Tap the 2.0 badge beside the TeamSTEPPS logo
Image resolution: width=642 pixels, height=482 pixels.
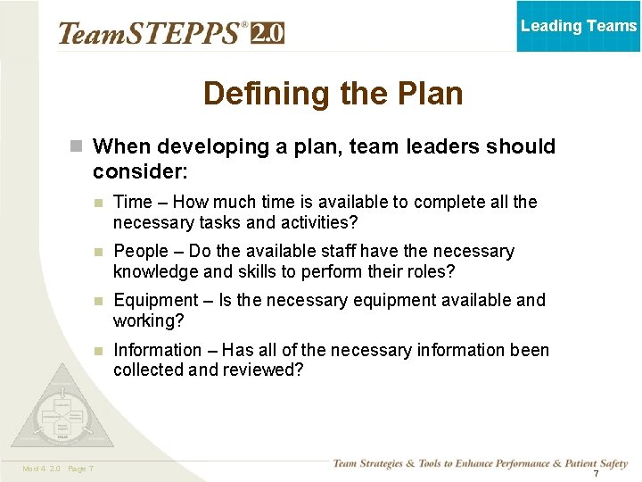click(x=267, y=33)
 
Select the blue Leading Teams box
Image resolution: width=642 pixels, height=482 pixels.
click(x=579, y=26)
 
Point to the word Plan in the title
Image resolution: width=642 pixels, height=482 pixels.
click(x=426, y=94)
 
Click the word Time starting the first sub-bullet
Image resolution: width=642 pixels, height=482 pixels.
click(x=132, y=202)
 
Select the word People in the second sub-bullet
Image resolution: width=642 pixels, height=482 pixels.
click(x=141, y=252)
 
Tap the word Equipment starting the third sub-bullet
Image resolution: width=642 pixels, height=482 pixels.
click(x=156, y=300)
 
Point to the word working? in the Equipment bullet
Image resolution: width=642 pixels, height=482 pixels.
click(x=148, y=320)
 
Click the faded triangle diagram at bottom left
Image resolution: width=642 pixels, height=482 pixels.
click(x=63, y=407)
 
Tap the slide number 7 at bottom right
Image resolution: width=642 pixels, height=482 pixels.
click(x=597, y=473)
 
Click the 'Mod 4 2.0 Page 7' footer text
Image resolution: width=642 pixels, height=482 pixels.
click(x=57, y=469)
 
